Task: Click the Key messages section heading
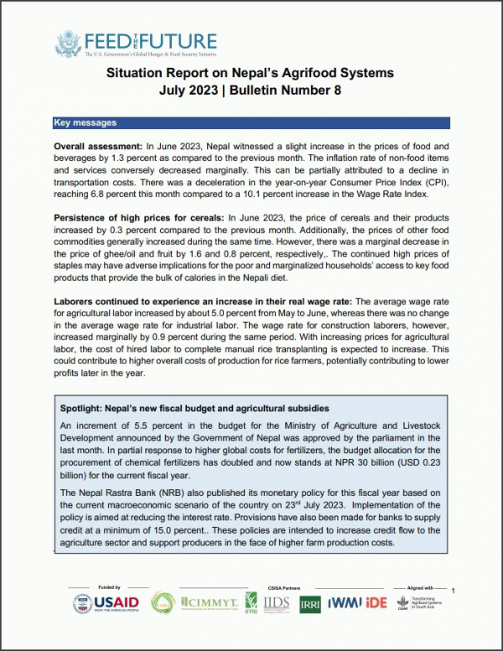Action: click(x=85, y=123)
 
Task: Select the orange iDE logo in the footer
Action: click(x=379, y=602)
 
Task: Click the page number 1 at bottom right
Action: click(x=454, y=591)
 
